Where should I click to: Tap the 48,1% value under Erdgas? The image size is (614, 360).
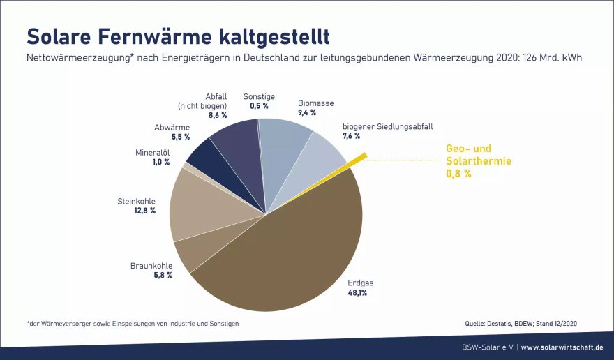[x=357, y=293]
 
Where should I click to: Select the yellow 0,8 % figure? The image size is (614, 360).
[x=458, y=174]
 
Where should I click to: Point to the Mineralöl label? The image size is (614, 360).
[x=152, y=152]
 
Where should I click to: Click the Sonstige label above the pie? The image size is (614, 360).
[x=259, y=96]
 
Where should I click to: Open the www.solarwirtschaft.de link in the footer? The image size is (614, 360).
[x=562, y=347]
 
